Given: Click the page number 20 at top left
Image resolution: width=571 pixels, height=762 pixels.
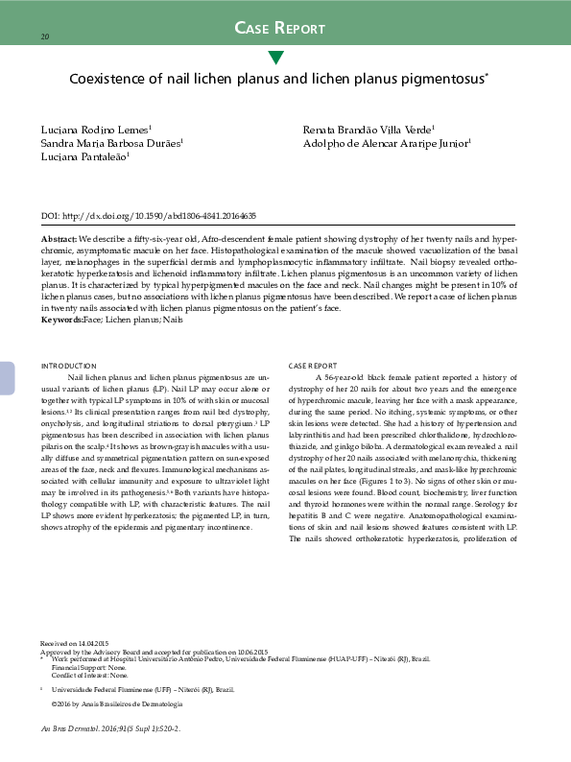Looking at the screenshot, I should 44,36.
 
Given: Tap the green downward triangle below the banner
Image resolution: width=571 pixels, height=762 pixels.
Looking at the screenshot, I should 276,58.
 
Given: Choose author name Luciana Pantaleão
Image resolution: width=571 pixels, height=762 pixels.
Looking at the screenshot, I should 84,155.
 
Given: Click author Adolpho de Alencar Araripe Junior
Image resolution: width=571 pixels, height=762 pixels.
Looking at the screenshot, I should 387,142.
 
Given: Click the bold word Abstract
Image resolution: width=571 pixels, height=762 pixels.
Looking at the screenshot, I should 59,237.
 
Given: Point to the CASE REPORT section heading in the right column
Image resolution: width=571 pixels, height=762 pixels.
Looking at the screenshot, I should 313,366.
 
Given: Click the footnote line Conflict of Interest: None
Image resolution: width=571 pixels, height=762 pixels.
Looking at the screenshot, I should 91,676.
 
